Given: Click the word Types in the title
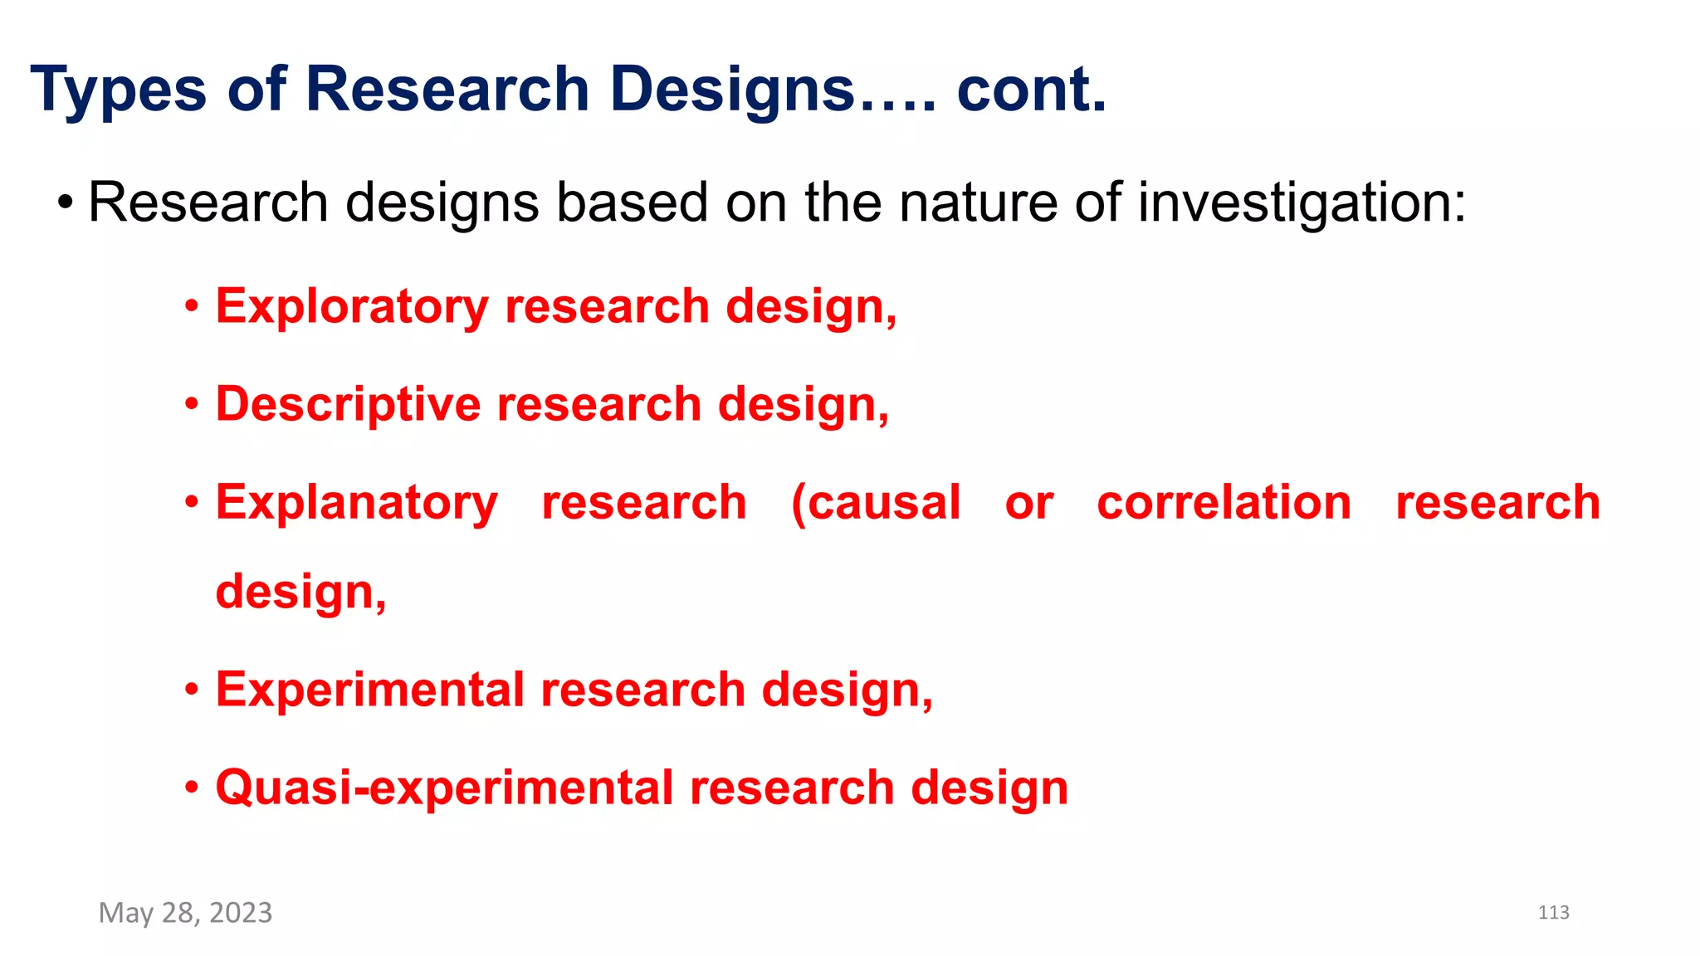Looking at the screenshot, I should click(118, 90).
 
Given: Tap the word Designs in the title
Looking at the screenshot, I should click(732, 90).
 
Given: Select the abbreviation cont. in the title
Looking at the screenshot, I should click(1032, 90).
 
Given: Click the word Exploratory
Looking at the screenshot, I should click(352, 307).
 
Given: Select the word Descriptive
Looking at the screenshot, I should click(348, 405).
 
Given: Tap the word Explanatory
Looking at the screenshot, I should click(357, 504).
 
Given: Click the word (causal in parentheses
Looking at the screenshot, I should click(876, 503).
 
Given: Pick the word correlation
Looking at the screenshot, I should click(1224, 503).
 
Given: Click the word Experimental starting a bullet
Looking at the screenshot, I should click(370, 690).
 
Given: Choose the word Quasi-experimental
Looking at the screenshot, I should click(444, 788).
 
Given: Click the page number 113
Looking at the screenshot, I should click(1553, 913).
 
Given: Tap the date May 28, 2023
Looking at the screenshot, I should click(185, 913).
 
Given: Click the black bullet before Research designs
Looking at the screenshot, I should click(66, 202).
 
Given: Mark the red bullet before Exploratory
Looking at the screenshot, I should click(192, 307).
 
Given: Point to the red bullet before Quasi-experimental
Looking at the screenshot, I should click(192, 788).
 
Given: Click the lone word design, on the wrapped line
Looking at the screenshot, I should click(300, 593).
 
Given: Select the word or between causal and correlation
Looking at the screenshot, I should click(1029, 503).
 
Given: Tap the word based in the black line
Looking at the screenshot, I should click(632, 202).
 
